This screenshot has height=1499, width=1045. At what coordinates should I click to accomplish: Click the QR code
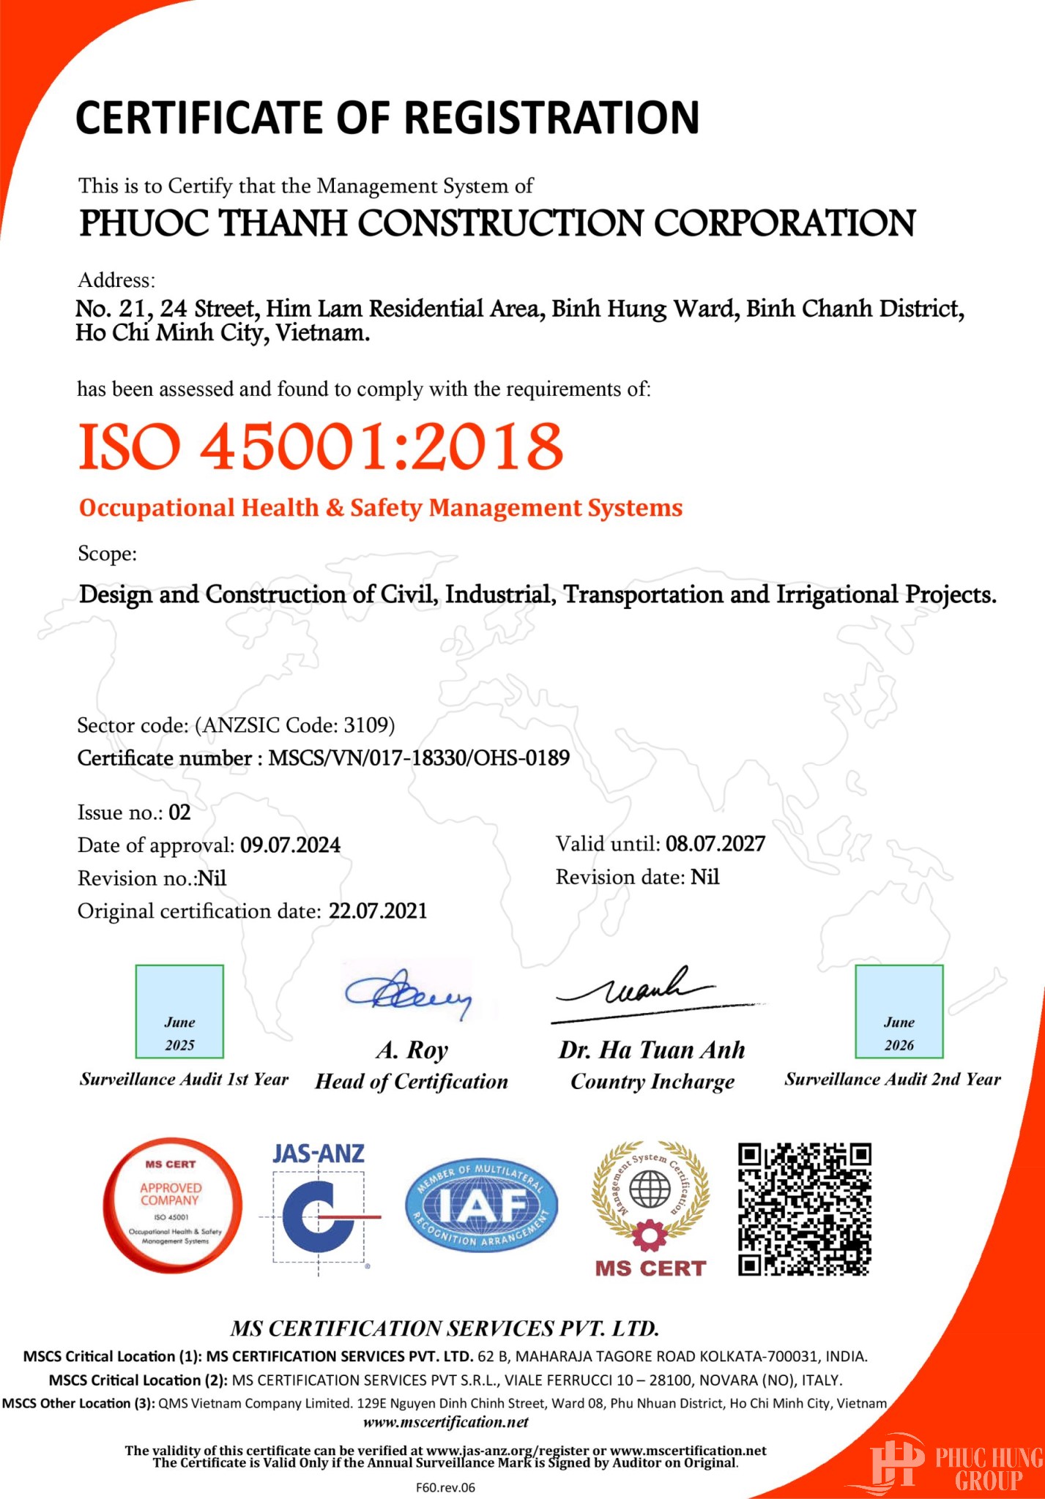click(804, 1209)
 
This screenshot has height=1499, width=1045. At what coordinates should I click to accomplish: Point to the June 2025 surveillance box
click(179, 1012)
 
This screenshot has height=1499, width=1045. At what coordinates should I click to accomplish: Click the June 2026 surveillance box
click(899, 1012)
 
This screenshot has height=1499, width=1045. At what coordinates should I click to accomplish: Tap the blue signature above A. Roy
click(409, 993)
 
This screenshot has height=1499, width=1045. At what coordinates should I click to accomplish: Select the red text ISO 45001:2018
click(321, 446)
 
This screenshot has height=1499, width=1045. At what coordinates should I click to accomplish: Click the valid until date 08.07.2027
click(715, 844)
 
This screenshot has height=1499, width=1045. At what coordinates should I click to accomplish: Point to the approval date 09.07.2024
click(290, 845)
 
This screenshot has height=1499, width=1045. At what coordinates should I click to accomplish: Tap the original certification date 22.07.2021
click(377, 911)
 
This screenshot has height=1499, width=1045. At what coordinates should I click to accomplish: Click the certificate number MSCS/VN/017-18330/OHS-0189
click(418, 758)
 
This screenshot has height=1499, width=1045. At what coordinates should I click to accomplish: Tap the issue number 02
click(179, 812)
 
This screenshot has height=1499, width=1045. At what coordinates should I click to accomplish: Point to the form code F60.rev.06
click(445, 1487)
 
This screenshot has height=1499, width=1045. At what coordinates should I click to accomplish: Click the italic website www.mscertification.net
click(445, 1422)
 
